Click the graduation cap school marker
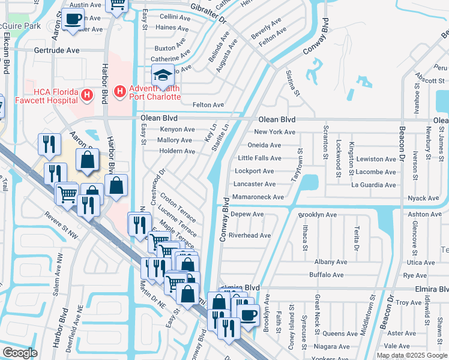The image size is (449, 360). (162, 75)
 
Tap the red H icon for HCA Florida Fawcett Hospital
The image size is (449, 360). (87, 95)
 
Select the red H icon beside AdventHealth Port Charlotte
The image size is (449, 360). (120, 91)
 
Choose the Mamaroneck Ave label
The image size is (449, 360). (258, 197)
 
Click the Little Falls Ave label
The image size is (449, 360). (259, 158)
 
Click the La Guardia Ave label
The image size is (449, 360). (375, 185)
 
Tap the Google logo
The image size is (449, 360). (20, 353)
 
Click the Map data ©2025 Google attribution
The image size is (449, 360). (412, 355)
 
